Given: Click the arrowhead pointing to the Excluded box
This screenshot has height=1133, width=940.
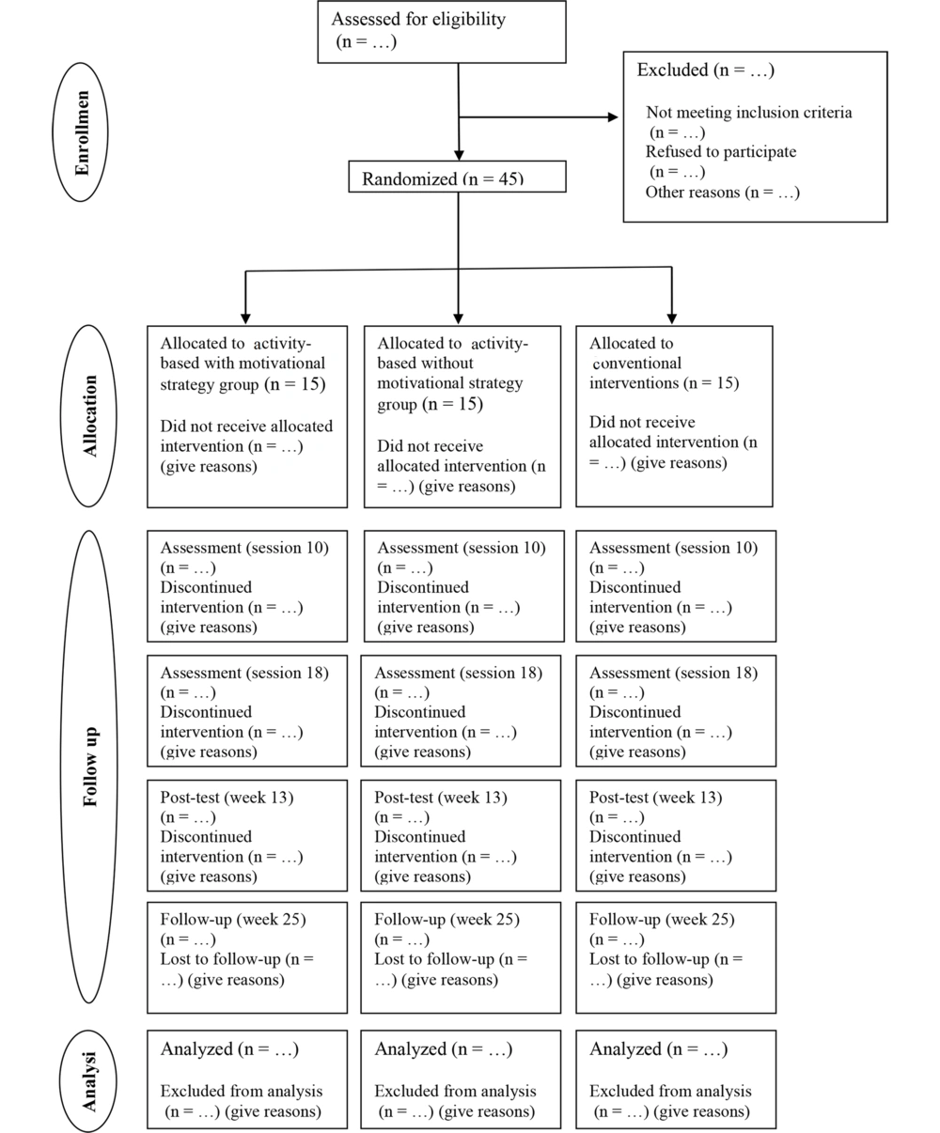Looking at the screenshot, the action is (613, 116).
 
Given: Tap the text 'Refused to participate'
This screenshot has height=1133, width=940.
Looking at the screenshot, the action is (721, 151).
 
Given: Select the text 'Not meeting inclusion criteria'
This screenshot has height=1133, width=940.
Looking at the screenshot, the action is (749, 113).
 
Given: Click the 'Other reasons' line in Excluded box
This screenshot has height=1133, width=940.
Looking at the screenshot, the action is (722, 192).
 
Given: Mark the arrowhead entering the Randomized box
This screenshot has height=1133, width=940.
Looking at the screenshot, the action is (459, 155).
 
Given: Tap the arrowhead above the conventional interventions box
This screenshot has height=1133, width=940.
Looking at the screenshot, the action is (672, 319).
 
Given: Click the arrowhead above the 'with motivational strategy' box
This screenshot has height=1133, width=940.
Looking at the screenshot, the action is (245, 319).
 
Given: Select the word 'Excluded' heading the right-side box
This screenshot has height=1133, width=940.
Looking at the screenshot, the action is (673, 70).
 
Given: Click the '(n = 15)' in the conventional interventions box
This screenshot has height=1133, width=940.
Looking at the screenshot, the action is (712, 383).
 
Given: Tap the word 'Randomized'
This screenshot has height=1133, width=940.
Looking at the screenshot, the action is (410, 178).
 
